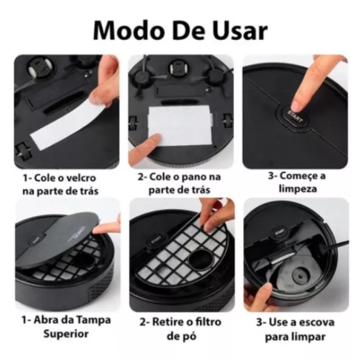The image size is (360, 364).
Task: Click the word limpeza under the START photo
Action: click(298, 189)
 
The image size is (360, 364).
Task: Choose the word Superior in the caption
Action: click(66, 334)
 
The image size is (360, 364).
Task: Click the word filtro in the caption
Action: click(207, 322)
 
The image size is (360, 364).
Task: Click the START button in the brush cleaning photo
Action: click(279, 232)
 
